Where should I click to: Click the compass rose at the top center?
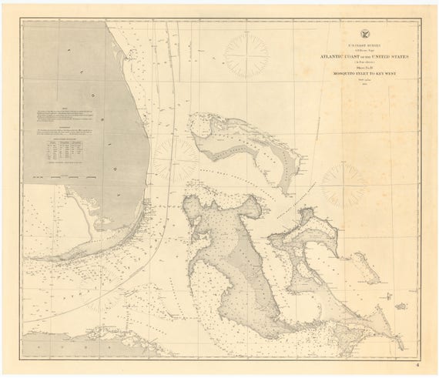[x=246, y=55]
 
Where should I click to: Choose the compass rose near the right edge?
[x=345, y=186]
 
